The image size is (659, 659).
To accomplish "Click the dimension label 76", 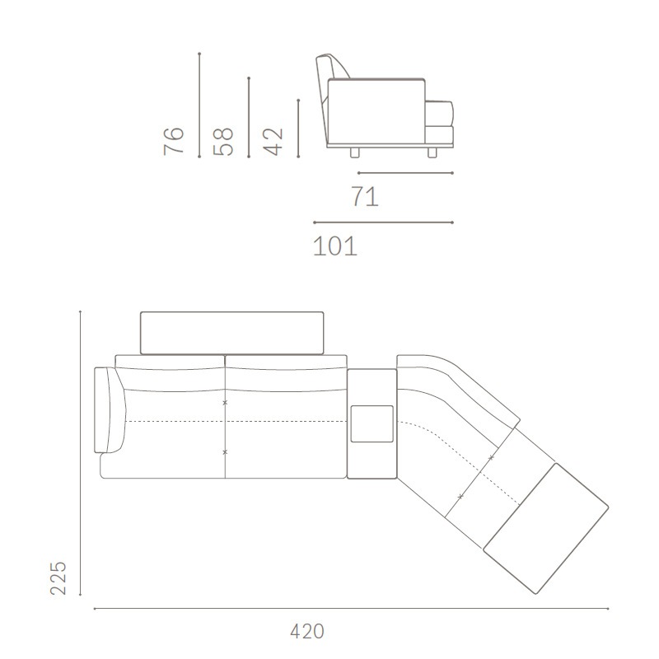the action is point(174,141).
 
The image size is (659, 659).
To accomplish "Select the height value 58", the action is point(223,141).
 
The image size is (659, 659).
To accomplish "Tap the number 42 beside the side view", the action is point(273,142).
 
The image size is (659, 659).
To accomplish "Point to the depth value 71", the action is point(365,196).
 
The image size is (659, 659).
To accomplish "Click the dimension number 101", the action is point(335,245).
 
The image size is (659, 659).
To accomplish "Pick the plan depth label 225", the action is point(58,578).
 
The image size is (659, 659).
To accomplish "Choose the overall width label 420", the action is point(307,631).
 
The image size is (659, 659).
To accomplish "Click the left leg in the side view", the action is point(355,152).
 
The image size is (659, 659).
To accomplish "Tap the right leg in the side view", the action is point(432,152).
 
